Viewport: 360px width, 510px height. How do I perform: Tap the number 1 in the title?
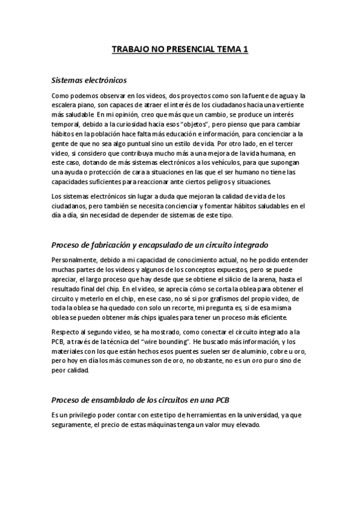[x=245, y=52]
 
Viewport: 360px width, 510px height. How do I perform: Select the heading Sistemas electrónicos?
[x=88, y=79]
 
